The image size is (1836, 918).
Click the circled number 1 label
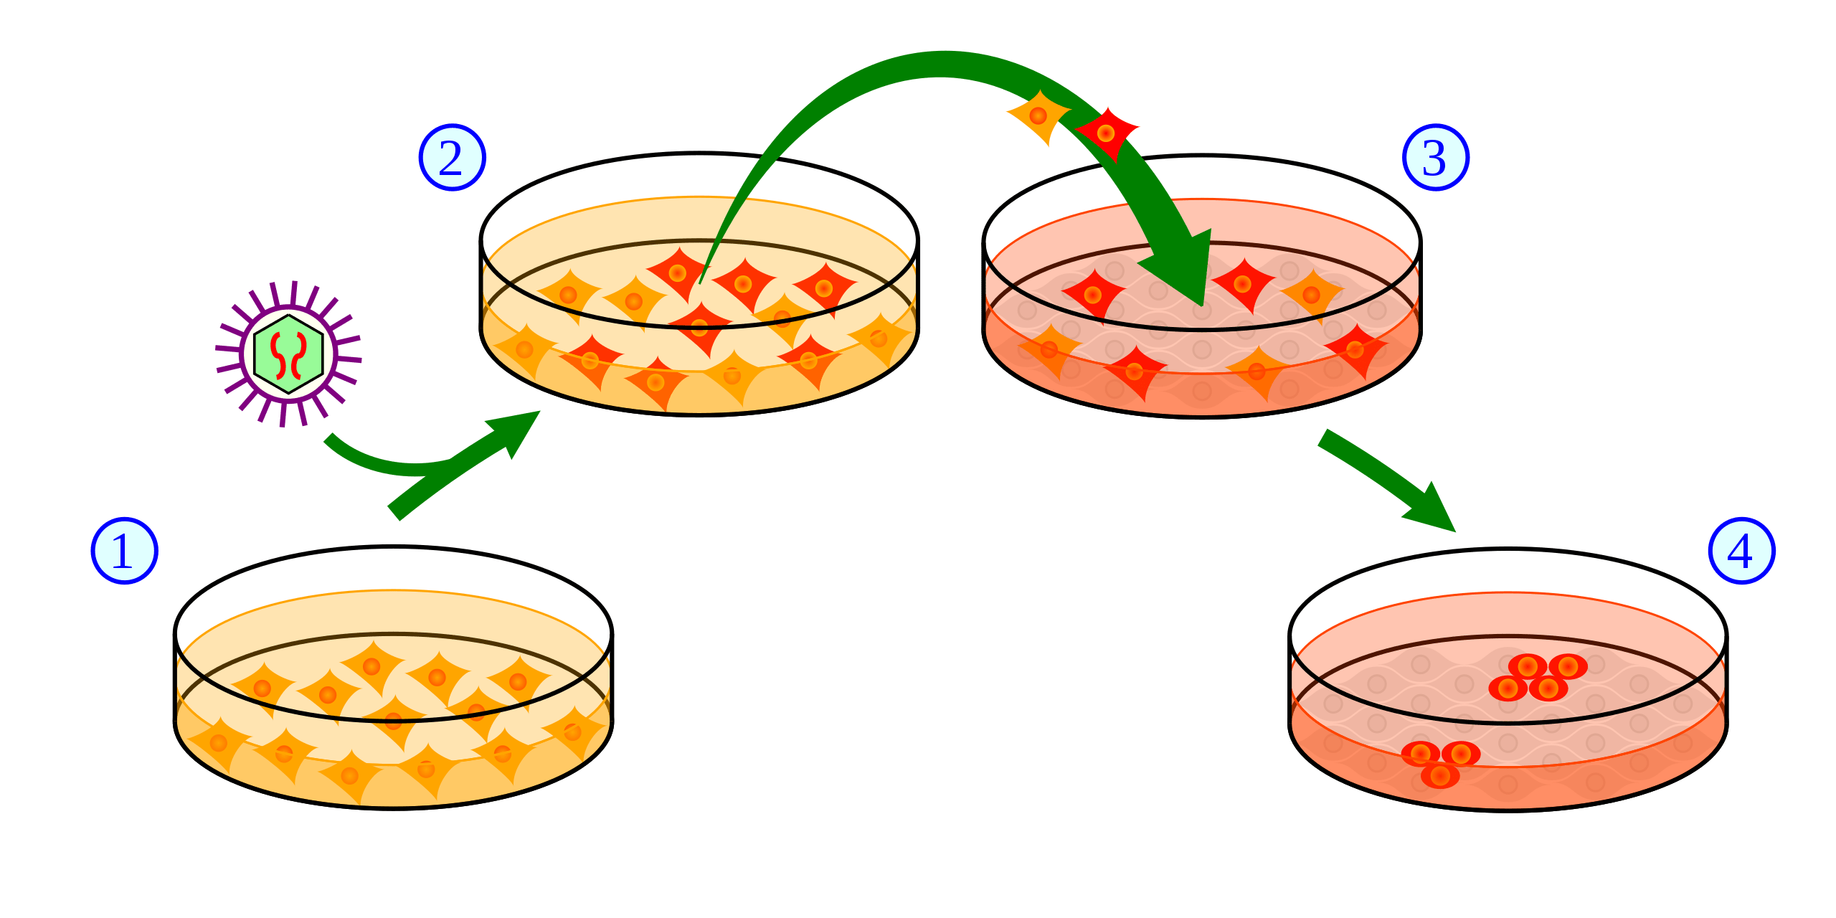pos(123,551)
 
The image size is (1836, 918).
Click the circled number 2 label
pos(452,158)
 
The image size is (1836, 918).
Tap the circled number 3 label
pos(1436,158)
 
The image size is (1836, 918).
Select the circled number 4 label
pos(1741,551)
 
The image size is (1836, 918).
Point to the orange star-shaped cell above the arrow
pos(1038,116)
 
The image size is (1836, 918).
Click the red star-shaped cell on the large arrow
pos(1106,133)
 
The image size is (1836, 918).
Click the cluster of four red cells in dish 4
pos(1538,677)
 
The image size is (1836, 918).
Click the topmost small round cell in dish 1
pos(371,666)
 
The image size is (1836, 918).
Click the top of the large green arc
pos(940,63)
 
